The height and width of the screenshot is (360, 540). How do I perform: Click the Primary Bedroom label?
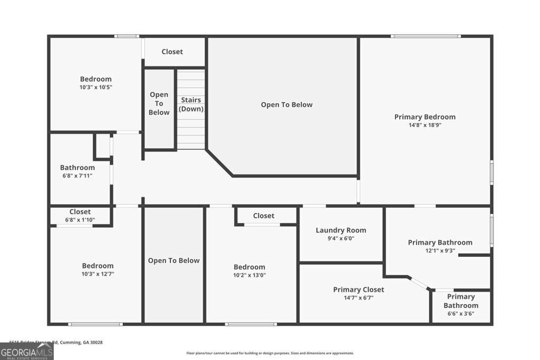pyautogui.click(x=425, y=116)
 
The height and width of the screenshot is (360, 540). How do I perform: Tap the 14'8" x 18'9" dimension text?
pyautogui.click(x=425, y=125)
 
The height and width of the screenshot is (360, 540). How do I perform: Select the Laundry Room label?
pyautogui.click(x=341, y=230)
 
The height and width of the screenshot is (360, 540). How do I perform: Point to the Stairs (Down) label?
pyautogui.click(x=191, y=104)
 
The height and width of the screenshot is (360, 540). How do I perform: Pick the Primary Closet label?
pyautogui.click(x=358, y=289)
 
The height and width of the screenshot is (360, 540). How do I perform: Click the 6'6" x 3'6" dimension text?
pyautogui.click(x=460, y=314)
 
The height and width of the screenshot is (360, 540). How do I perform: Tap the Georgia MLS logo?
pyautogui.click(x=26, y=352)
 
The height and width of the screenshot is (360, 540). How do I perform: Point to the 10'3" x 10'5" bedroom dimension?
pyautogui.click(x=95, y=87)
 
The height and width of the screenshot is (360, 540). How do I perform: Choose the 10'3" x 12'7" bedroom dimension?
pyautogui.click(x=98, y=274)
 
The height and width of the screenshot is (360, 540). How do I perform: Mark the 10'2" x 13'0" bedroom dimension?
pyautogui.click(x=249, y=275)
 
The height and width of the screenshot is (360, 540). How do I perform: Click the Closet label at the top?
pyautogui.click(x=172, y=52)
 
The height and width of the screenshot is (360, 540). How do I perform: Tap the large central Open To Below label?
pyautogui.click(x=286, y=104)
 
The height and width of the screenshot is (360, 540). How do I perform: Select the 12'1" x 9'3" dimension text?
pyautogui.click(x=440, y=251)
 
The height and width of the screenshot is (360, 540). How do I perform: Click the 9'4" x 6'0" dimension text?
pyautogui.click(x=341, y=238)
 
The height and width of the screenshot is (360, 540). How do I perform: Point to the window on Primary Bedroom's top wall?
pyautogui.click(x=426, y=36)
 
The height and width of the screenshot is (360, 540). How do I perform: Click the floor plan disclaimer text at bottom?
pyautogui.click(x=270, y=353)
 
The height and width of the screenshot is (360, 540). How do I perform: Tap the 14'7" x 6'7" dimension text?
pyautogui.click(x=358, y=298)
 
